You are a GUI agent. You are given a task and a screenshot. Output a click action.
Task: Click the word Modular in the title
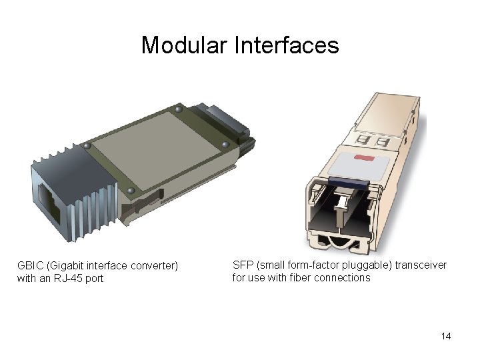click(184, 45)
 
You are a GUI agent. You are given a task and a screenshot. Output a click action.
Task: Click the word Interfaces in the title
click(287, 45)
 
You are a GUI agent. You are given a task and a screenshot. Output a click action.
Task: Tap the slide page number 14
click(446, 336)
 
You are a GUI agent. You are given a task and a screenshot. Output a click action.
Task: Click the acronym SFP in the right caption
click(243, 265)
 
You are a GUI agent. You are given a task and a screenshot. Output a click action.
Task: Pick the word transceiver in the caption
click(421, 265)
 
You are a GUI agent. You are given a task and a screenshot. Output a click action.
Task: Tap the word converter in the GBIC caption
click(154, 266)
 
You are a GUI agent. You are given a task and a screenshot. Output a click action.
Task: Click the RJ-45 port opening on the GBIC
click(49, 203)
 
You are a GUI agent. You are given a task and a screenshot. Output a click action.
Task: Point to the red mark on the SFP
click(364, 158)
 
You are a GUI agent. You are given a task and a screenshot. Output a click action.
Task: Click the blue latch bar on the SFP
click(349, 182)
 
